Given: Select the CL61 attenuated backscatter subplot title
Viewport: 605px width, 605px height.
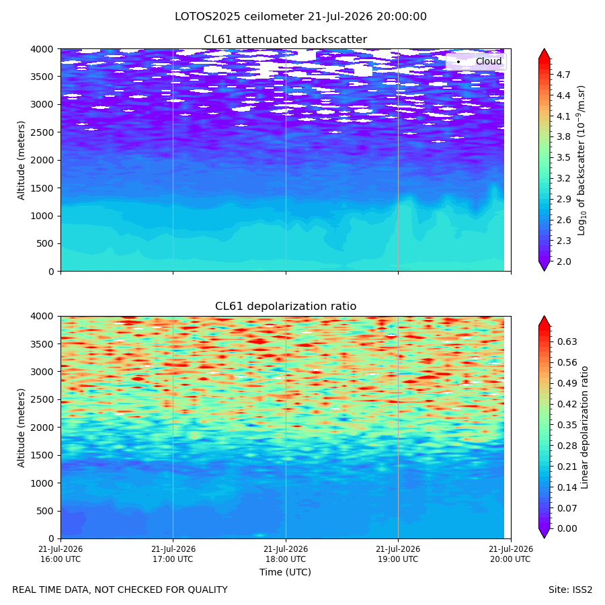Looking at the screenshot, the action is [x=285, y=40].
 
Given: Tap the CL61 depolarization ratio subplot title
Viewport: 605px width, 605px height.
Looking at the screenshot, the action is [x=286, y=307].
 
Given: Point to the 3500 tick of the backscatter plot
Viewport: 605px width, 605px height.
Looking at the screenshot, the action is [x=42, y=77].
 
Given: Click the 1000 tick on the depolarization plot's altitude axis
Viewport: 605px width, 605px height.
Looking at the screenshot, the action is [x=42, y=483].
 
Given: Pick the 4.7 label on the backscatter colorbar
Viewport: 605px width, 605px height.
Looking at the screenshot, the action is [x=563, y=75].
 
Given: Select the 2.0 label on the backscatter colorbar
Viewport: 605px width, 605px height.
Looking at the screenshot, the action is [x=563, y=261].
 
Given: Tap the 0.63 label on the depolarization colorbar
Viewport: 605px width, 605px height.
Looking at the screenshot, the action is [x=567, y=342].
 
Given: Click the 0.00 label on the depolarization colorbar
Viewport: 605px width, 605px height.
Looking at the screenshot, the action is [x=567, y=528].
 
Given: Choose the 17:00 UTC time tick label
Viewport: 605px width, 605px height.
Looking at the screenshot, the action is [x=173, y=554].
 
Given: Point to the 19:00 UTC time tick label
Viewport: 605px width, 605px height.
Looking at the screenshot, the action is [x=398, y=554].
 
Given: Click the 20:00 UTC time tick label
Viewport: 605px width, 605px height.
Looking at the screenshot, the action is [x=510, y=554].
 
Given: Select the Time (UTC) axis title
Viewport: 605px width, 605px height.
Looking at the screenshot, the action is [x=285, y=572].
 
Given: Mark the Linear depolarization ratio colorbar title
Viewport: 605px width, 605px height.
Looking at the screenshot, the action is [x=585, y=428].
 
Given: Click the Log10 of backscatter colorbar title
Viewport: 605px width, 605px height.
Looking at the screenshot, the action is [x=581, y=161].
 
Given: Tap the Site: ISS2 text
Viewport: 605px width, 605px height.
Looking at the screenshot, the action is [x=570, y=590].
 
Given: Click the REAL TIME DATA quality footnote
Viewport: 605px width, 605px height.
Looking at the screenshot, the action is [x=120, y=590].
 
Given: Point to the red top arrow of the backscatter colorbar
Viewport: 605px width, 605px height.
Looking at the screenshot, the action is [x=544, y=54].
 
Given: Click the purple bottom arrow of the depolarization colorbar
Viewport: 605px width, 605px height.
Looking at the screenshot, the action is [x=544, y=533].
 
